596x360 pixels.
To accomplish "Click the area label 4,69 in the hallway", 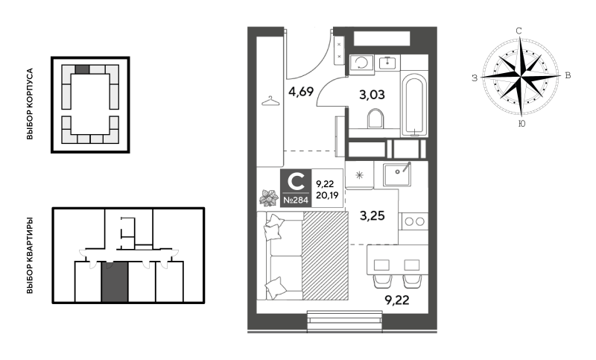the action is (301, 92).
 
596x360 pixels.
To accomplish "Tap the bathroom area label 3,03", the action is (372, 94).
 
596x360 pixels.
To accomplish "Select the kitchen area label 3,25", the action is (372, 215).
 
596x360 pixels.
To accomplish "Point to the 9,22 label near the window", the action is (397, 300).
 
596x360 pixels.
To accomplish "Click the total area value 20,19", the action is (327, 196).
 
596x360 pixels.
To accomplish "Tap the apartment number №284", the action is (296, 200).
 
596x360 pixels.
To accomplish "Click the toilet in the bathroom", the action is (375, 119).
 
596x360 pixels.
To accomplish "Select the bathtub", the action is (414, 105).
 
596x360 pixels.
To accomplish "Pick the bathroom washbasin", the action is (387, 62).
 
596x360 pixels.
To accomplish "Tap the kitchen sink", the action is (397, 174).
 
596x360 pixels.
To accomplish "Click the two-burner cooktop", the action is (414, 221).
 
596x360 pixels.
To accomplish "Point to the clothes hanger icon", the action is (270, 101).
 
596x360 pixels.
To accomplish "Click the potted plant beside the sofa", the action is (269, 198).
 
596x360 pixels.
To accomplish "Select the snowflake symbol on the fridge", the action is (359, 175).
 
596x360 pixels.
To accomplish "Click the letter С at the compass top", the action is (519, 31).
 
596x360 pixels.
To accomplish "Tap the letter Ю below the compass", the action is (522, 124).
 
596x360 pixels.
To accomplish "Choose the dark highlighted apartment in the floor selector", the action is (115, 282).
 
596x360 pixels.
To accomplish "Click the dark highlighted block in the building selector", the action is (82, 69).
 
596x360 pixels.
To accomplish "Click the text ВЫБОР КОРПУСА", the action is (30, 104).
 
